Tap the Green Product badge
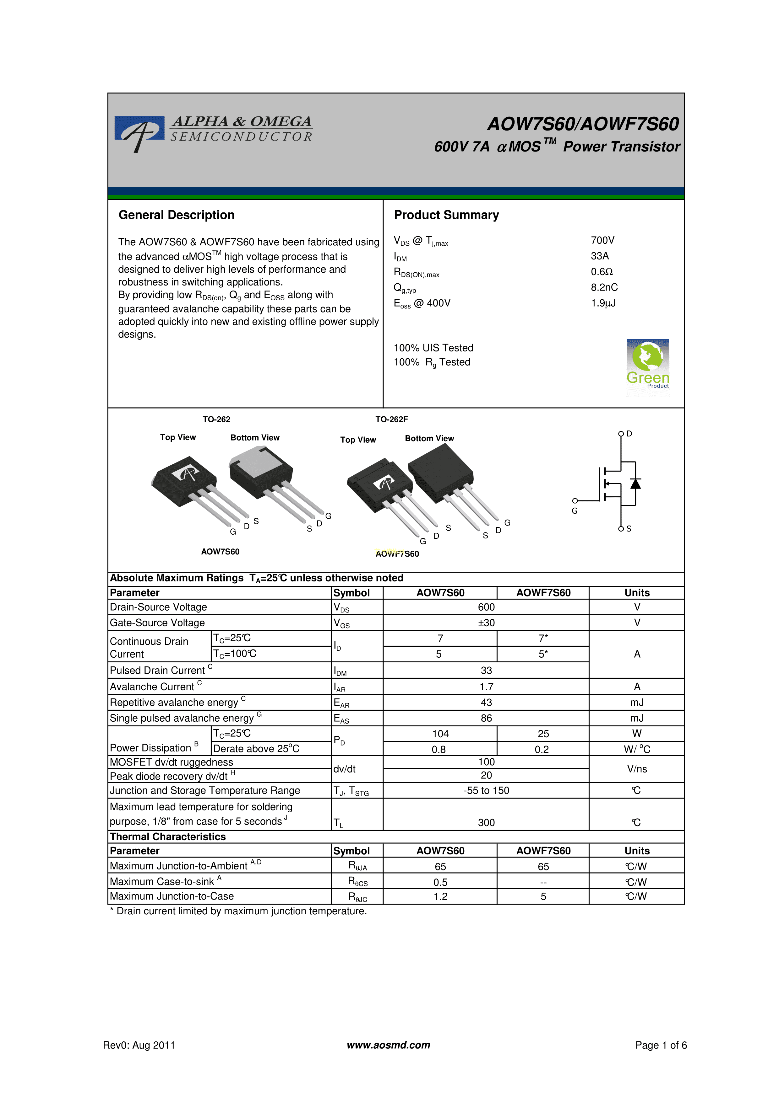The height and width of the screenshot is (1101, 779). [647, 366]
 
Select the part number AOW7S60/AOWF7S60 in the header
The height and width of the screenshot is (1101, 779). [583, 124]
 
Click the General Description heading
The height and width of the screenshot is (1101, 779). [176, 215]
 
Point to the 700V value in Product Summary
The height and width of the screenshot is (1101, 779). [602, 240]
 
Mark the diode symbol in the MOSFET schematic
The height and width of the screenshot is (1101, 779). [635, 484]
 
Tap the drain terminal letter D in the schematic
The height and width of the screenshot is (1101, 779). [629, 434]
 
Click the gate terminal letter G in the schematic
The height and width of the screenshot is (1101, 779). [574, 511]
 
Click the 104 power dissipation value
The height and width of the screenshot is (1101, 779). [440, 734]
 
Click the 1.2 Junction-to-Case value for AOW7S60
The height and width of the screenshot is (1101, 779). [440, 896]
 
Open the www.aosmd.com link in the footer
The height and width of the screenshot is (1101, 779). [388, 1045]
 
